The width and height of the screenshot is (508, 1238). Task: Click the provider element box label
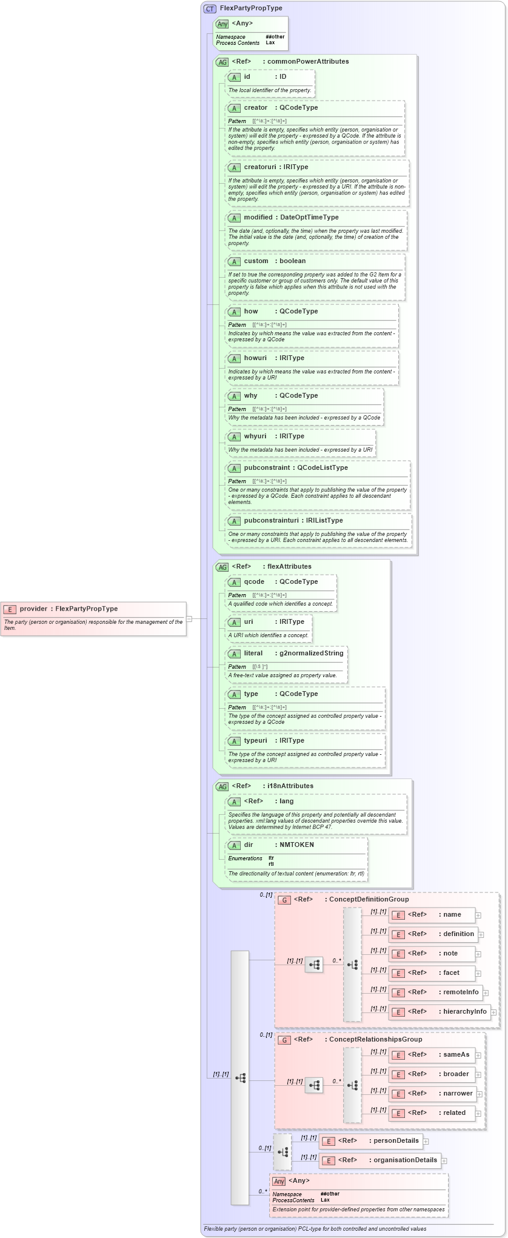pos(69,609)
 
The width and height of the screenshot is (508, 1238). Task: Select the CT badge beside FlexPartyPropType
pos(210,8)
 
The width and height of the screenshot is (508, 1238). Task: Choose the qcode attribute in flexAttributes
pos(254,581)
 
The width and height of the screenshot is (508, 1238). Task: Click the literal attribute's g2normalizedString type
pos(311,653)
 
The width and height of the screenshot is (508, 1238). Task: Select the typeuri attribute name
pos(255,740)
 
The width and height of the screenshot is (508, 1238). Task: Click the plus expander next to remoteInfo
pos(486,992)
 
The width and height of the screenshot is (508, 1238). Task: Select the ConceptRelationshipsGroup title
pos(375,1039)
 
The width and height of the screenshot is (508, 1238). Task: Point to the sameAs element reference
pos(456,1054)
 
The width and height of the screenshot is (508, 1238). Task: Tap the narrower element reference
pos(458,1093)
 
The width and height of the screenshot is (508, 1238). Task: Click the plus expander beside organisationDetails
pos(444,1160)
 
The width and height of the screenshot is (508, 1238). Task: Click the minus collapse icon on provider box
pos(189,619)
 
